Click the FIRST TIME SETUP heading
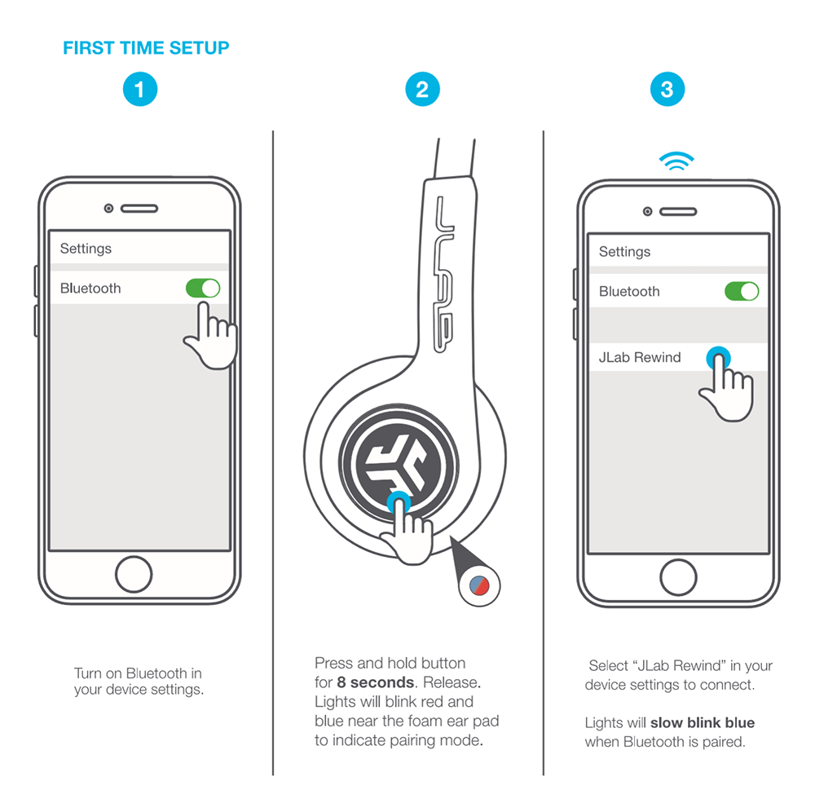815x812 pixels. click(x=146, y=48)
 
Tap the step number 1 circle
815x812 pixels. click(x=139, y=89)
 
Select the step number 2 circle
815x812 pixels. click(x=422, y=89)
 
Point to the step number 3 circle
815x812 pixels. click(x=667, y=89)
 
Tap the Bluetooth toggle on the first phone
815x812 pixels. click(x=203, y=288)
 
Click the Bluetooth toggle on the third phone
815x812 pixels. click(x=742, y=291)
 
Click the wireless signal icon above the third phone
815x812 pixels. click(x=676, y=161)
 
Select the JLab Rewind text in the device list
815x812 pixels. click(x=640, y=357)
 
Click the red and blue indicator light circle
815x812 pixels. click(x=479, y=585)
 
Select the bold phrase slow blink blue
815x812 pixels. click(x=703, y=722)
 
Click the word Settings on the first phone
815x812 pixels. click(x=86, y=249)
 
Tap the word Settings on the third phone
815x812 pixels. click(x=624, y=252)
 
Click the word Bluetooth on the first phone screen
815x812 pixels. click(x=90, y=289)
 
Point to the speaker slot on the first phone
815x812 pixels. click(x=139, y=209)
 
